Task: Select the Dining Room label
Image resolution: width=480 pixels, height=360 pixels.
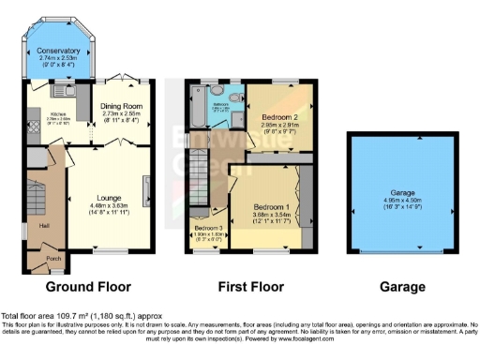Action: pyautogui.click(x=120, y=105)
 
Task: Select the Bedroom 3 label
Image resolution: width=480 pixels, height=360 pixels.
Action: pyautogui.click(x=208, y=228)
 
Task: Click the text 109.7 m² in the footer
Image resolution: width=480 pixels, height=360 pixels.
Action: pyautogui.click(x=74, y=316)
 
